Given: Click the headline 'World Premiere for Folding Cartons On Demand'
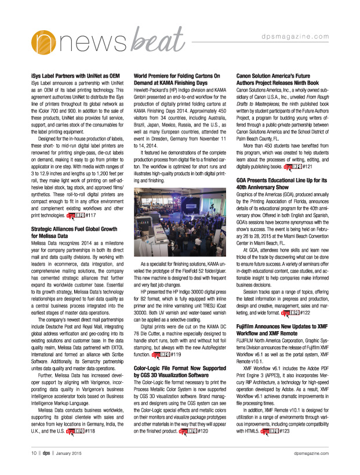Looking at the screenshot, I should (179, 79).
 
